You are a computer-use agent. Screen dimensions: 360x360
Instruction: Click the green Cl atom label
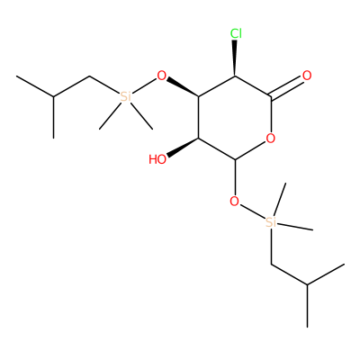click(x=236, y=33)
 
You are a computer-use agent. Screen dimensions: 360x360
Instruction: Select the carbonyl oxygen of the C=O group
click(x=307, y=76)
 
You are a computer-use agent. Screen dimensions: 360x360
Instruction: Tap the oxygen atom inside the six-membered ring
click(x=271, y=139)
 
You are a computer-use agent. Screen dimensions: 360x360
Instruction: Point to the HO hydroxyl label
click(x=157, y=159)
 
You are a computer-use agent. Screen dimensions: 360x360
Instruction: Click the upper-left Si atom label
click(x=126, y=96)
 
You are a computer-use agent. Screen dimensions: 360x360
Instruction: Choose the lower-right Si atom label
click(x=271, y=222)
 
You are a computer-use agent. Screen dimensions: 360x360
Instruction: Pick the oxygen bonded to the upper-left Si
click(x=162, y=76)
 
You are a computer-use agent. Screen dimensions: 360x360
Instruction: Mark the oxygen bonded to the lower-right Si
click(x=234, y=202)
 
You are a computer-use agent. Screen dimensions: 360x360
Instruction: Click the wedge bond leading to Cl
click(x=235, y=58)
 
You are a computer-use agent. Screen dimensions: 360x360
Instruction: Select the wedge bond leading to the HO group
click(x=183, y=147)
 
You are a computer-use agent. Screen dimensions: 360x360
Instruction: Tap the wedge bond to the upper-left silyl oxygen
click(x=183, y=87)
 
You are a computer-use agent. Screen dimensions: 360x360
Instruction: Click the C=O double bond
click(x=287, y=87)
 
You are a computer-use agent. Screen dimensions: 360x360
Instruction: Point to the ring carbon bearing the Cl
click(x=235, y=76)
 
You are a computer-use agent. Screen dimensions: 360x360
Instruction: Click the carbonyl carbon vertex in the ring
click(x=271, y=96)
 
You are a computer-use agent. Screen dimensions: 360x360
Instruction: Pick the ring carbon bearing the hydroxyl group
click(x=198, y=139)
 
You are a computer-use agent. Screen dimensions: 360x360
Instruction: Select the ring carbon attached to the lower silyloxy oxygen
click(x=235, y=159)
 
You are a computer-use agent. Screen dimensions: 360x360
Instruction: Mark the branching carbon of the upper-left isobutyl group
click(x=53, y=96)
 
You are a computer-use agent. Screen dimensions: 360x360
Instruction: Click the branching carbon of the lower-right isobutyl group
click(x=308, y=285)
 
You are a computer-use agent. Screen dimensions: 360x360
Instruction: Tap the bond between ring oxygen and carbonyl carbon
click(x=271, y=114)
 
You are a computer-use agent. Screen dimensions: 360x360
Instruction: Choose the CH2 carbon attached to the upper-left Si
click(x=90, y=76)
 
